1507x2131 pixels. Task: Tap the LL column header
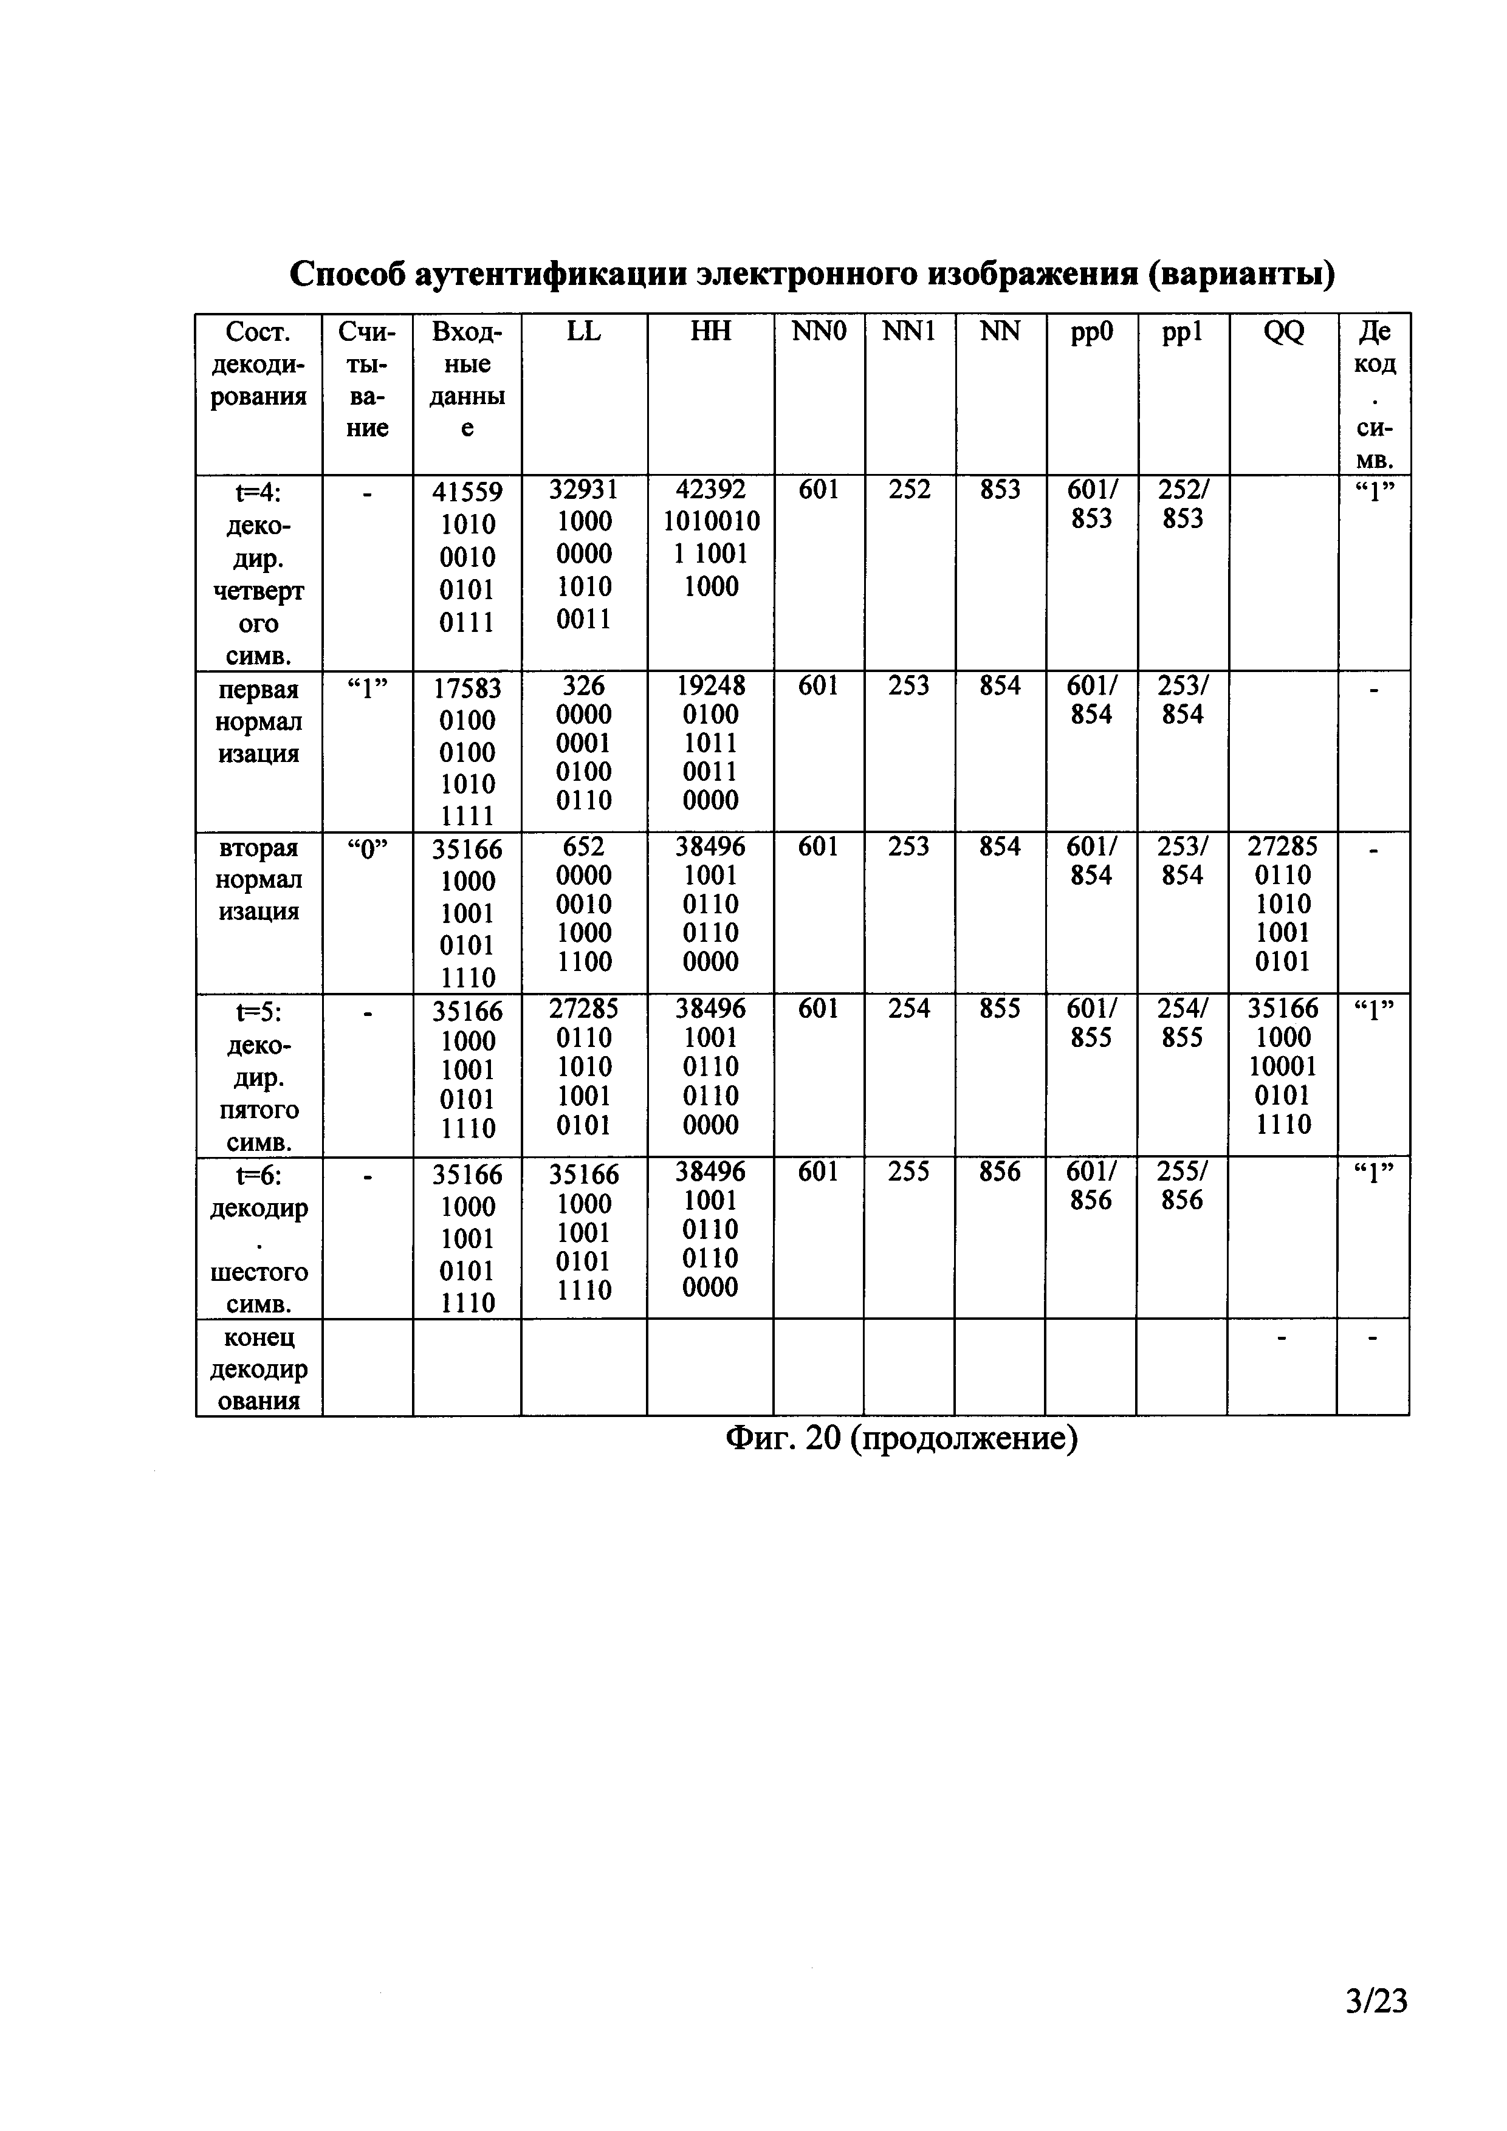coord(584,331)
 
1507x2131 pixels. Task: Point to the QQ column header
coord(1283,331)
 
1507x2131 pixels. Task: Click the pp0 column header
coord(1091,331)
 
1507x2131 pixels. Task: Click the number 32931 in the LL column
coord(584,490)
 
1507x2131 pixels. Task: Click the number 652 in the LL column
coord(584,846)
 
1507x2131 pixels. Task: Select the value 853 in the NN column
coord(1000,490)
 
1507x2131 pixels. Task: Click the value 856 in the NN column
coord(1000,1172)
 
